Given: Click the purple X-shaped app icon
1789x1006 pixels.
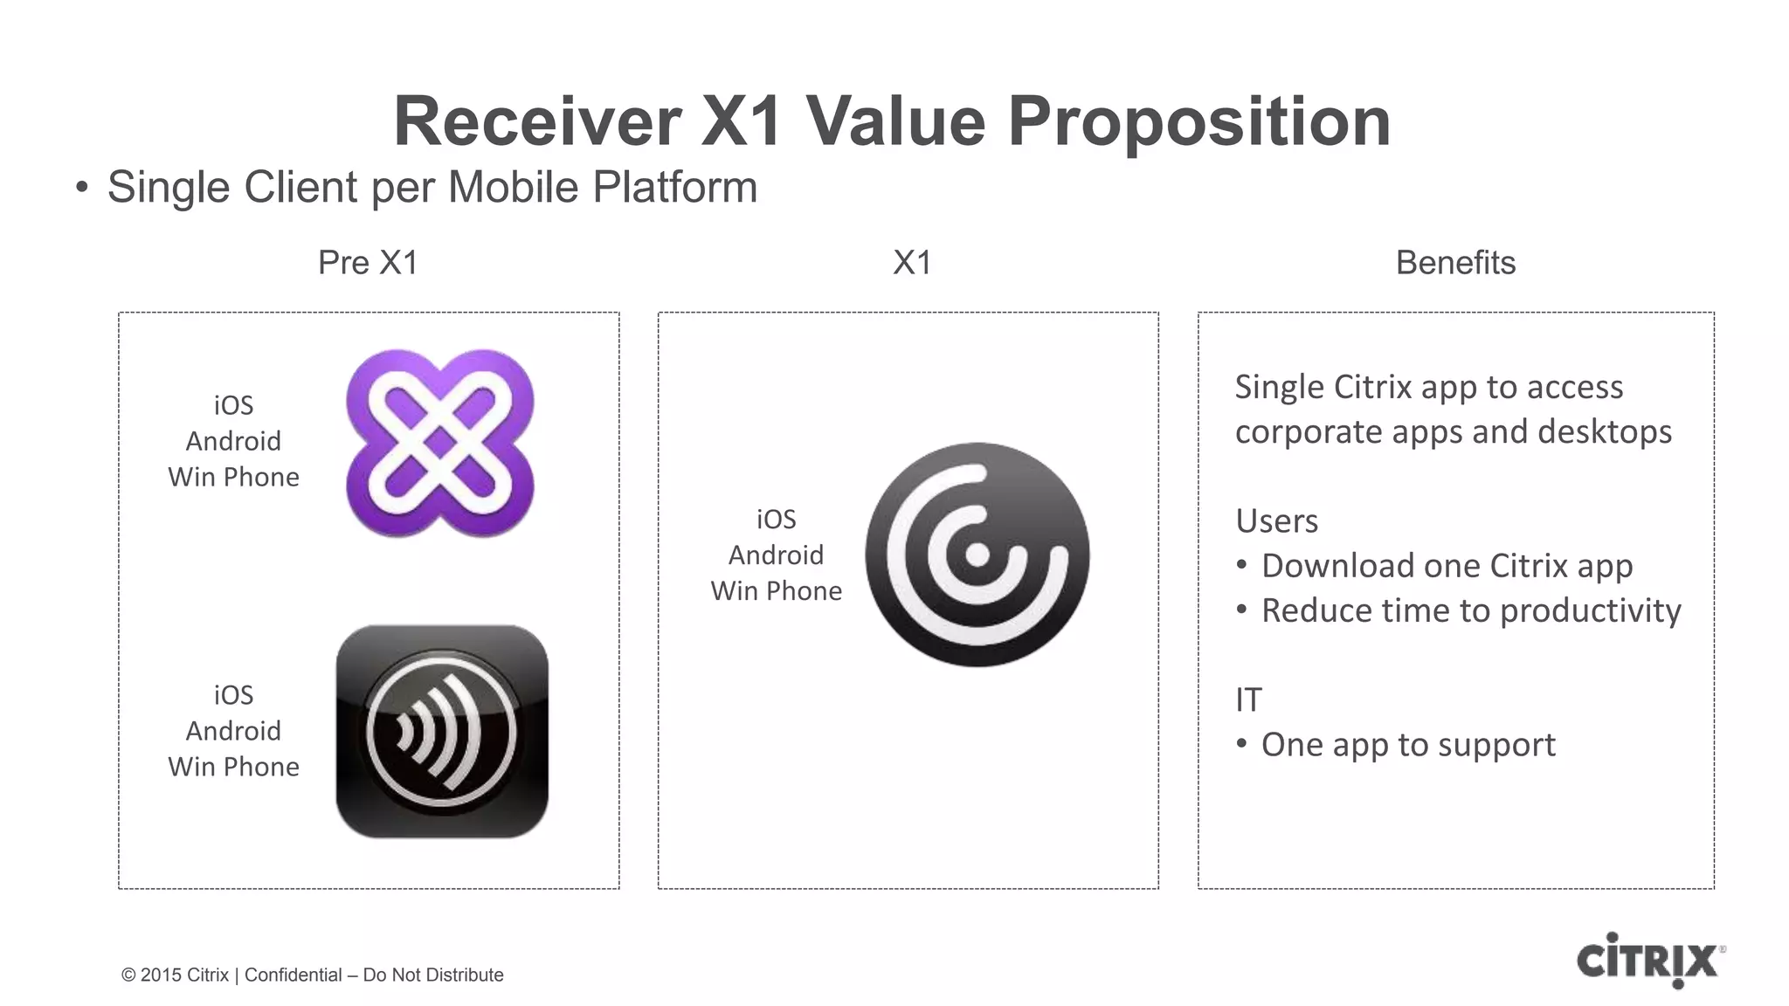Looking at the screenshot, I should pos(439,443).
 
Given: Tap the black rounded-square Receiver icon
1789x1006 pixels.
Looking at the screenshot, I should pos(442,731).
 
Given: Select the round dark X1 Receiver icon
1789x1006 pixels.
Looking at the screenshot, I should pos(977,555).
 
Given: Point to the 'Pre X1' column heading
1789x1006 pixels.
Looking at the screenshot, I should pos(368,263).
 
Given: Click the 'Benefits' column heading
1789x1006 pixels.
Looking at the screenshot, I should pos(1455,263).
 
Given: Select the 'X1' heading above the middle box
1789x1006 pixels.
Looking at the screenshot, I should pos(912,263).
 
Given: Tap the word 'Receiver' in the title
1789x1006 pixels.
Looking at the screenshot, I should pos(536,121).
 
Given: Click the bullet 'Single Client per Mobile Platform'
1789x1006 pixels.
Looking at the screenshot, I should pos(432,188).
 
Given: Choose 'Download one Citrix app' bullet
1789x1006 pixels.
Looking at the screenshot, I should pos(1447,566).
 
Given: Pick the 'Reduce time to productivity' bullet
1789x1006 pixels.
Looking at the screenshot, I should pos(1471,610).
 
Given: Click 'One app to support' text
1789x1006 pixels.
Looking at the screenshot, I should pos(1408,745).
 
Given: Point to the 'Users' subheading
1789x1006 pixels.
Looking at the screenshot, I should pos(1276,521).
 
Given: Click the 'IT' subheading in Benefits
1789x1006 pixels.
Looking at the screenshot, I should pos(1248,700).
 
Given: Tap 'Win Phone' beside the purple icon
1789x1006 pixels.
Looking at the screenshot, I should pos(233,478).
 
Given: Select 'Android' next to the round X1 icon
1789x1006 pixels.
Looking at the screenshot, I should pos(776,555).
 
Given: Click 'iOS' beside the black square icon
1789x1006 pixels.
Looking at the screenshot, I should pos(233,695).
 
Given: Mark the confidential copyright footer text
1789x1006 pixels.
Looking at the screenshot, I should pos(312,975).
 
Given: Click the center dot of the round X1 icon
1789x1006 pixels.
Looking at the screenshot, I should pos(977,555).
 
